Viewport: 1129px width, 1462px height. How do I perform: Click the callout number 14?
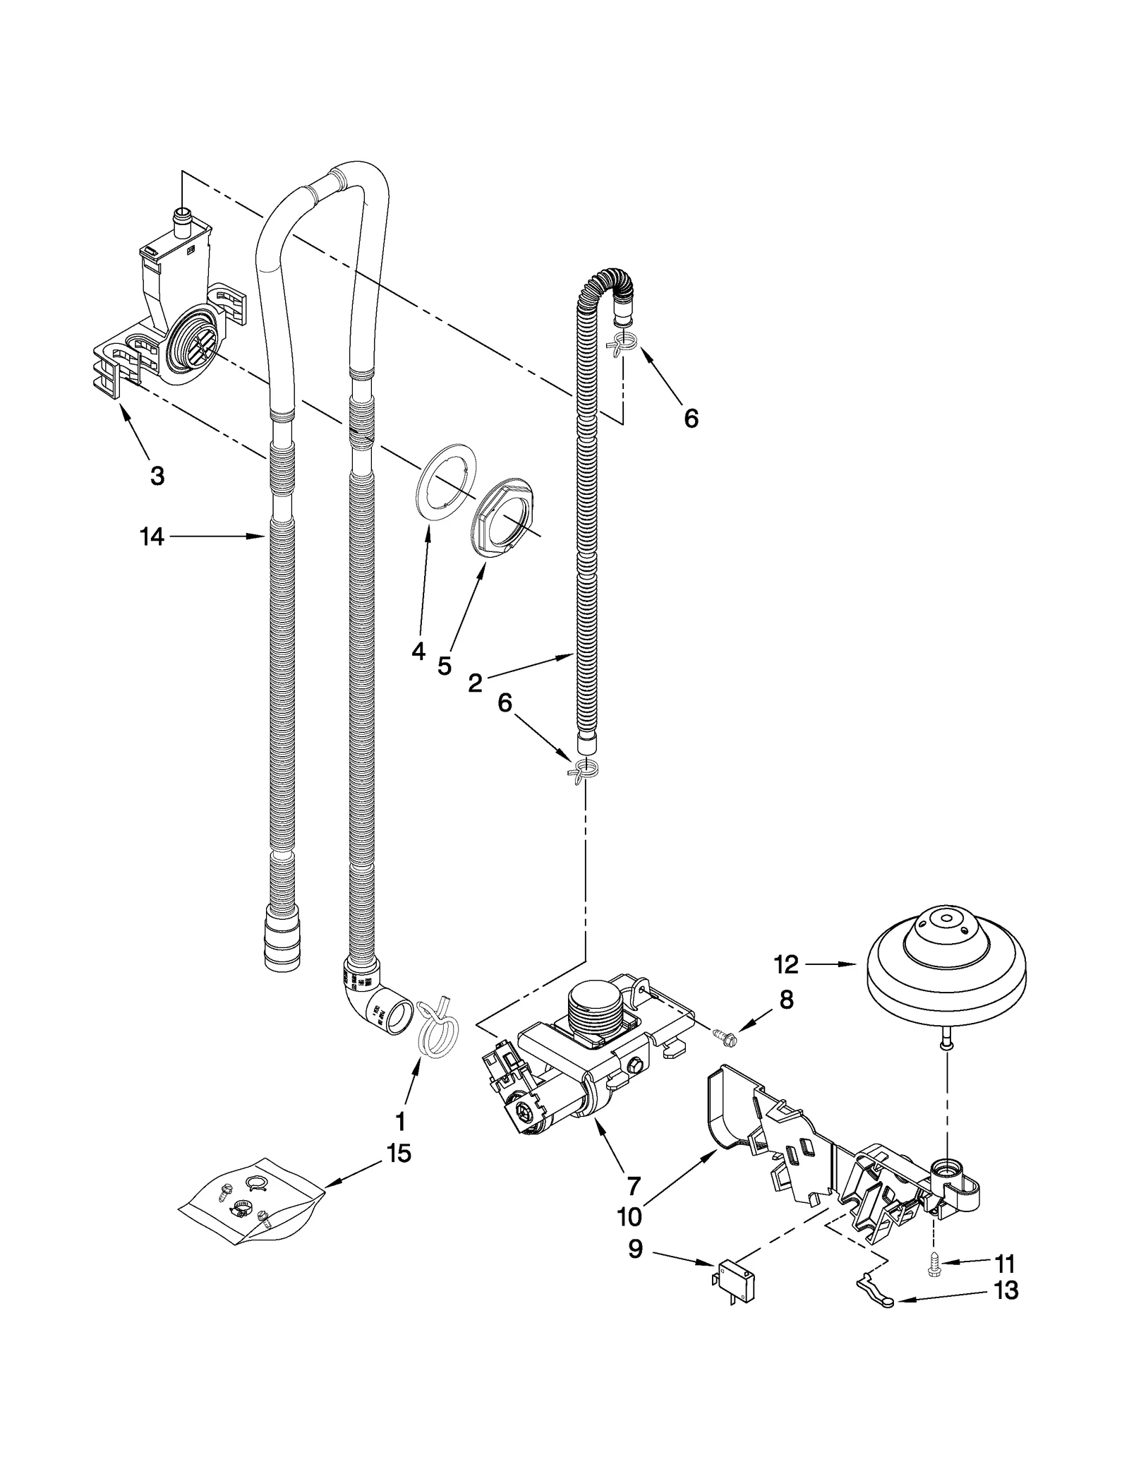click(x=152, y=537)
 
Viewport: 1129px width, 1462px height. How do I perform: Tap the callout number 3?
click(x=157, y=476)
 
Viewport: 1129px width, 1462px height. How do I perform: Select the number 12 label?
click(x=785, y=964)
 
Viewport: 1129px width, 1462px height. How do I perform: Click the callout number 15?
click(x=398, y=1154)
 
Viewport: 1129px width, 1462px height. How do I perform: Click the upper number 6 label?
click(x=691, y=419)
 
